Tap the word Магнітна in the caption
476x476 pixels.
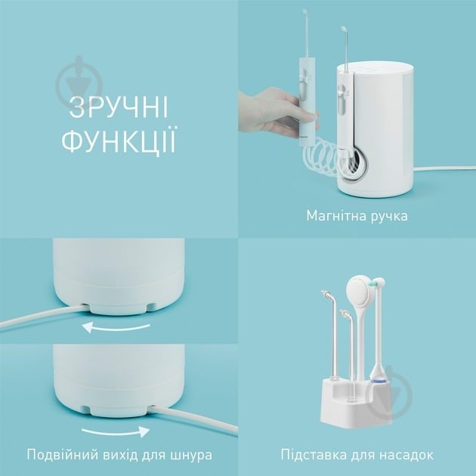coord(335,216)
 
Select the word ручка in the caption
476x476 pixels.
coord(388,216)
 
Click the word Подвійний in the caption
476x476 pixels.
coord(61,456)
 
